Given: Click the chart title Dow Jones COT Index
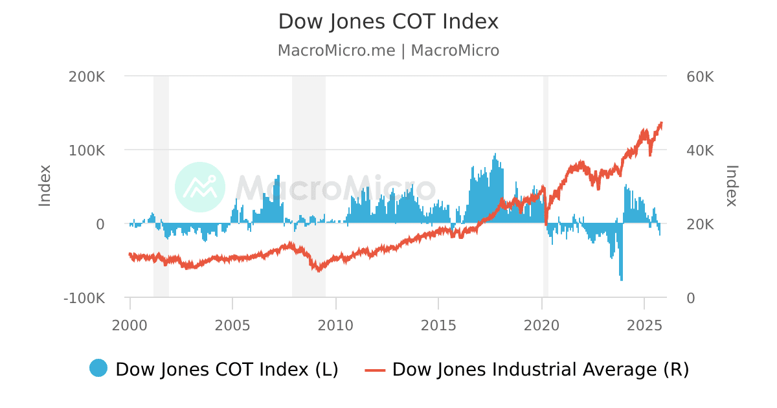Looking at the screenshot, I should (x=388, y=22).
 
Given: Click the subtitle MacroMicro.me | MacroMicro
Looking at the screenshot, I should (x=388, y=51).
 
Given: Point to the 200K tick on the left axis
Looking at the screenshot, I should (x=87, y=76).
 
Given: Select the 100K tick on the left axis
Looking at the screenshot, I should (x=87, y=150).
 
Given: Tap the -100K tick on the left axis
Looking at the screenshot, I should (x=84, y=299).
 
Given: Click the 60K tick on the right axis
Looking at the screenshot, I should (x=699, y=76).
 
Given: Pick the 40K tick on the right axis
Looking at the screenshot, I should (x=699, y=150).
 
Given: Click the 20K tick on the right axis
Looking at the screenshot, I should (x=699, y=224).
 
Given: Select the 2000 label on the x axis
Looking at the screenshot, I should (x=130, y=324).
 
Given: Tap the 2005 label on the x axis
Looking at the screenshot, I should (x=232, y=324).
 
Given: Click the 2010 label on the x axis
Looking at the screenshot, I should (x=335, y=324).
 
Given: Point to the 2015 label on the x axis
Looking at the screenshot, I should (x=438, y=324).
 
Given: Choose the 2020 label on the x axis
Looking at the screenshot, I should (x=541, y=324).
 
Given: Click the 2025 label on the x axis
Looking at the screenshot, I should (x=644, y=324).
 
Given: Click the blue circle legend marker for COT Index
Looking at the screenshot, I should (x=98, y=368).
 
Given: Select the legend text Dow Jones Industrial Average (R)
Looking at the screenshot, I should (x=541, y=369).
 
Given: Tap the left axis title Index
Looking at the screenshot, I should (x=45, y=187).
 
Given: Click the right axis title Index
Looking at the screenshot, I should (x=732, y=187).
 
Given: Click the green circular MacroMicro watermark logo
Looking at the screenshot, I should (x=200, y=187).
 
